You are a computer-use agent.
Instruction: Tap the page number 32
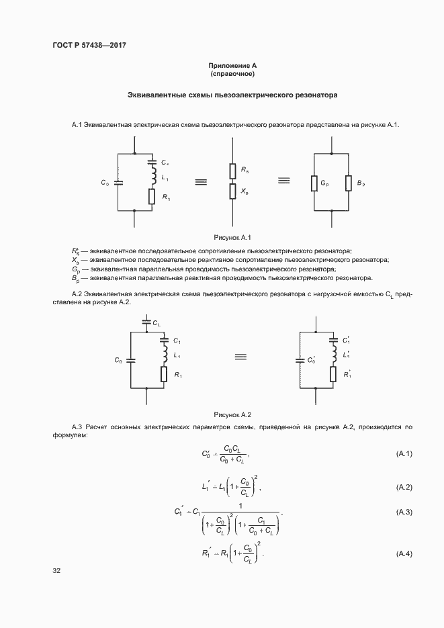[56, 571]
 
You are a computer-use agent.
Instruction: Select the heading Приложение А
[232, 66]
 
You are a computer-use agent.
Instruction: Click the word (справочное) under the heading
[232, 75]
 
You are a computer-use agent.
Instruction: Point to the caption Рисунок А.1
[232, 237]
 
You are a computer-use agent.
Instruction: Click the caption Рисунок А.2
[232, 414]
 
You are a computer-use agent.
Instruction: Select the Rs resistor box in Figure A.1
[232, 171]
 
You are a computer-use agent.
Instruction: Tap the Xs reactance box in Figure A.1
[232, 191]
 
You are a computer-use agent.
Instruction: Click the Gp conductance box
[314, 183]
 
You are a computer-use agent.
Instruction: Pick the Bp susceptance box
[349, 183]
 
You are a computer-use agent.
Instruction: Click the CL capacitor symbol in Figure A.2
[147, 323]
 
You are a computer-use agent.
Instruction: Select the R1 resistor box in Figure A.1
[152, 197]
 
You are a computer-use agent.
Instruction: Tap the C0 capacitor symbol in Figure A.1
[118, 182]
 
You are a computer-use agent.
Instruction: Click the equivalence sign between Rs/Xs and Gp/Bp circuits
[283, 181]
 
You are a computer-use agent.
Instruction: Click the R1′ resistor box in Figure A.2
[332, 374]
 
